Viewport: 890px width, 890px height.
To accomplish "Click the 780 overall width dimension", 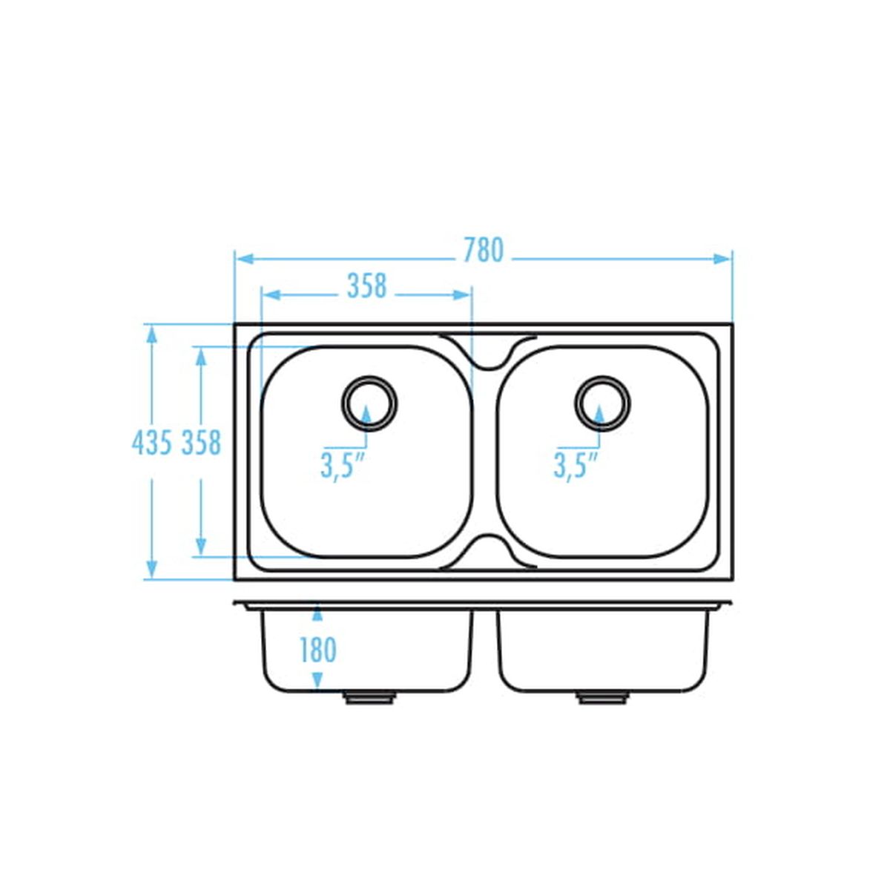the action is (x=483, y=251).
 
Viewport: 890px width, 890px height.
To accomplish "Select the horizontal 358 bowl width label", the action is (x=366, y=286).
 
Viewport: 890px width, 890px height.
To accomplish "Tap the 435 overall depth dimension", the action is (x=152, y=443).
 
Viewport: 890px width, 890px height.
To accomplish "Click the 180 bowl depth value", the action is (x=318, y=650).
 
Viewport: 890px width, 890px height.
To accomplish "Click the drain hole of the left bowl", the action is (x=369, y=403).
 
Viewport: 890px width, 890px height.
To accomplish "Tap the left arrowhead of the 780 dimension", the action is (x=244, y=259).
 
